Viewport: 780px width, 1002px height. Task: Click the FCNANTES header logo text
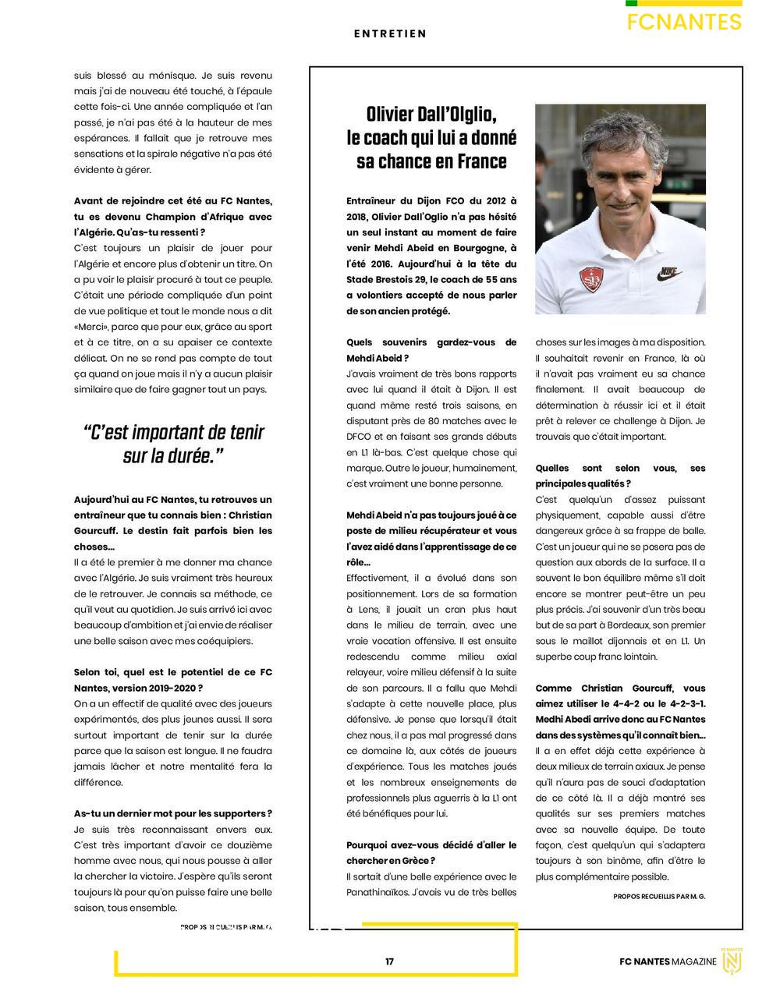click(x=684, y=22)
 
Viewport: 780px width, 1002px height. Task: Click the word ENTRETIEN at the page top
click(x=390, y=34)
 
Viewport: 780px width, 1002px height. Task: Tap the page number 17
click(x=389, y=961)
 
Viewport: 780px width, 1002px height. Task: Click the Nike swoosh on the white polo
click(x=670, y=274)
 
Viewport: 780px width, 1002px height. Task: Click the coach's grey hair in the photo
click(x=616, y=129)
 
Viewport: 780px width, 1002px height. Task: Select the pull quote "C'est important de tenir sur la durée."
click(x=173, y=444)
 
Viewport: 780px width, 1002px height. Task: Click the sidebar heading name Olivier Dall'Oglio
click(x=431, y=115)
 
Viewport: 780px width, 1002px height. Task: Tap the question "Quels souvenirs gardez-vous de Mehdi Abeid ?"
click(x=431, y=350)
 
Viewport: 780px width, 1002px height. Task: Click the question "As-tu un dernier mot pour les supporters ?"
click(x=172, y=813)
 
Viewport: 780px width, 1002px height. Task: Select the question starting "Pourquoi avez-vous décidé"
click(x=431, y=852)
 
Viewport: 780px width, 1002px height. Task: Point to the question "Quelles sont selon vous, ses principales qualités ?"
click(x=620, y=476)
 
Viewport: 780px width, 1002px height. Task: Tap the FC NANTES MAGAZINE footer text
click(x=668, y=961)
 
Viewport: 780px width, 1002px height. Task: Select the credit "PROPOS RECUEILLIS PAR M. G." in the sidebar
click(x=659, y=897)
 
